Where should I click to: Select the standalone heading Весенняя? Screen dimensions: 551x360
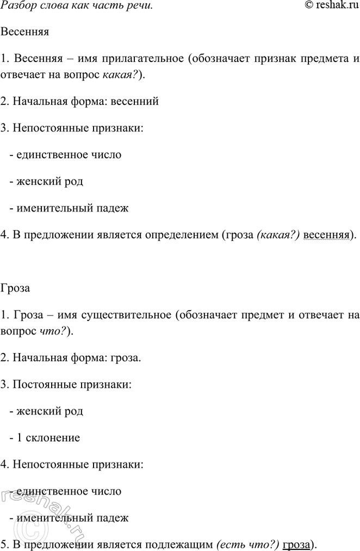click(x=25, y=32)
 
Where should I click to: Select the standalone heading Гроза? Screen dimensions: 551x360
click(x=16, y=288)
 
